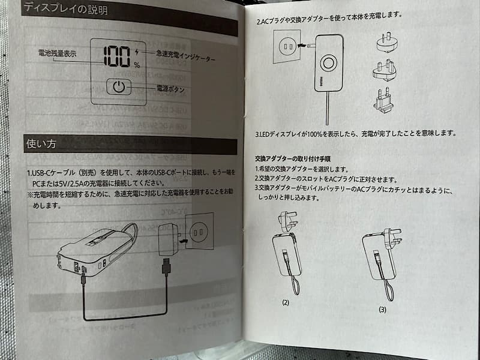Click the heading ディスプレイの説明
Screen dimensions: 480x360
tap(65, 8)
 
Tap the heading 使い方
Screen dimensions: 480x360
tap(41, 143)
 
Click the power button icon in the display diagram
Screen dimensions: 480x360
tap(119, 87)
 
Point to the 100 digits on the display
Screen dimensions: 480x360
tap(116, 56)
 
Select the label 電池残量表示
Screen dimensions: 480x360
tap(57, 53)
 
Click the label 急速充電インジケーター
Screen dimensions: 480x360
tap(185, 55)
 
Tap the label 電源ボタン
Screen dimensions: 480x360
tap(170, 89)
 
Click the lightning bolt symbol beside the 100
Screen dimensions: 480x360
tap(137, 52)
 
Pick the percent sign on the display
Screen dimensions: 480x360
tap(137, 65)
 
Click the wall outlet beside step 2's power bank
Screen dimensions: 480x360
tap(287, 46)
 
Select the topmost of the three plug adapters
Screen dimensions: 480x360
tap(387, 42)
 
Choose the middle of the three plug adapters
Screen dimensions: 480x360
tap(385, 70)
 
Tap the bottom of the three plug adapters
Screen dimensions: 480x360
tap(383, 100)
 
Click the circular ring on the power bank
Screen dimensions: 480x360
tap(328, 64)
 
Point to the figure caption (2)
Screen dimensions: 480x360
tap(286, 303)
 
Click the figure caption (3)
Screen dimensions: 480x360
tap(382, 310)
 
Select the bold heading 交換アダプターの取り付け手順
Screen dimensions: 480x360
tap(293, 158)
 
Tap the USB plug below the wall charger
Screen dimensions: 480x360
tap(166, 267)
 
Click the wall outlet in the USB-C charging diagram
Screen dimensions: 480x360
tap(199, 231)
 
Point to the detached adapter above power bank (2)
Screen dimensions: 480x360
tap(287, 221)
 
